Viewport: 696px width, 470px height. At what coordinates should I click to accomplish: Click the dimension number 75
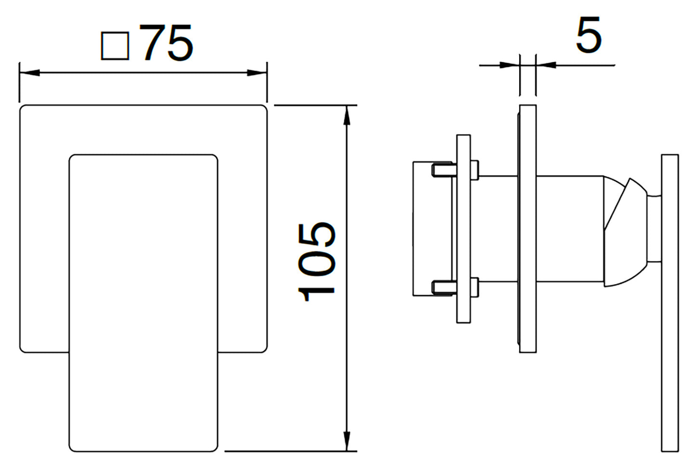pos(169,42)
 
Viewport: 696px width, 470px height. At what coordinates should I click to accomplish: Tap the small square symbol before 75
pos(115,46)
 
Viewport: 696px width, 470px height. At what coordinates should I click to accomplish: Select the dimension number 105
pos(316,262)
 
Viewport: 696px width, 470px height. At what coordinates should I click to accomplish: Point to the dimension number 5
pos(589,35)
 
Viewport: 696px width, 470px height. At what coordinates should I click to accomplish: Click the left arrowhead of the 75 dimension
pos(29,73)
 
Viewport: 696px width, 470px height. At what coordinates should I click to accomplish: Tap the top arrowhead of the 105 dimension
pos(347,115)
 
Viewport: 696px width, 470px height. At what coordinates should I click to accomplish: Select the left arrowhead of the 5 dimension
pos(509,66)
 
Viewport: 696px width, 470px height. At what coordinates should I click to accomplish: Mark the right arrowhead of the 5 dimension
pos(546,66)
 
